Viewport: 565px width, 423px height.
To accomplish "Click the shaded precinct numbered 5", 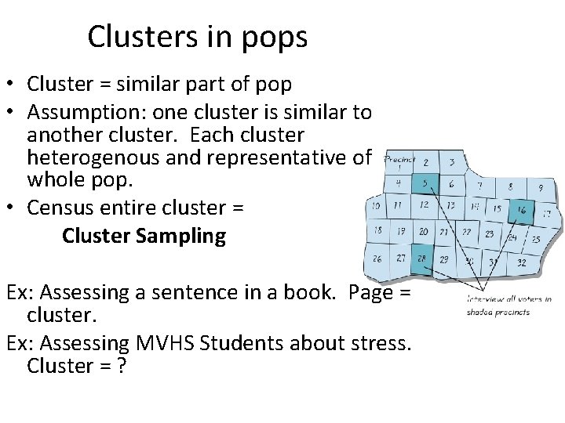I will [425, 186].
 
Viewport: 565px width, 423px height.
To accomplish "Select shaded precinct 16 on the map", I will [521, 211].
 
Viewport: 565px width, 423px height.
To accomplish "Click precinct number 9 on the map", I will [540, 189].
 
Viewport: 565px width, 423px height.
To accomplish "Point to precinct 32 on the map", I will [521, 262].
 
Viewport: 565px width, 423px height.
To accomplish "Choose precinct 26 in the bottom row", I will [377, 258].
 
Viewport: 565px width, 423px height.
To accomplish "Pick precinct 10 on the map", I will [377, 206].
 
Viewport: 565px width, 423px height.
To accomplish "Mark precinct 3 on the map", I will [451, 163].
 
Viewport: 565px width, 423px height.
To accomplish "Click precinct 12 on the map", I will [424, 205].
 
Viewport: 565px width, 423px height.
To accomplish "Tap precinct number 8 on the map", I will [511, 187].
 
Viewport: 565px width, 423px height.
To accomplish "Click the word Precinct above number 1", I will [399, 157].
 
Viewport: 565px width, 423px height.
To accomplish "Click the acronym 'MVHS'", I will [161, 342].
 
